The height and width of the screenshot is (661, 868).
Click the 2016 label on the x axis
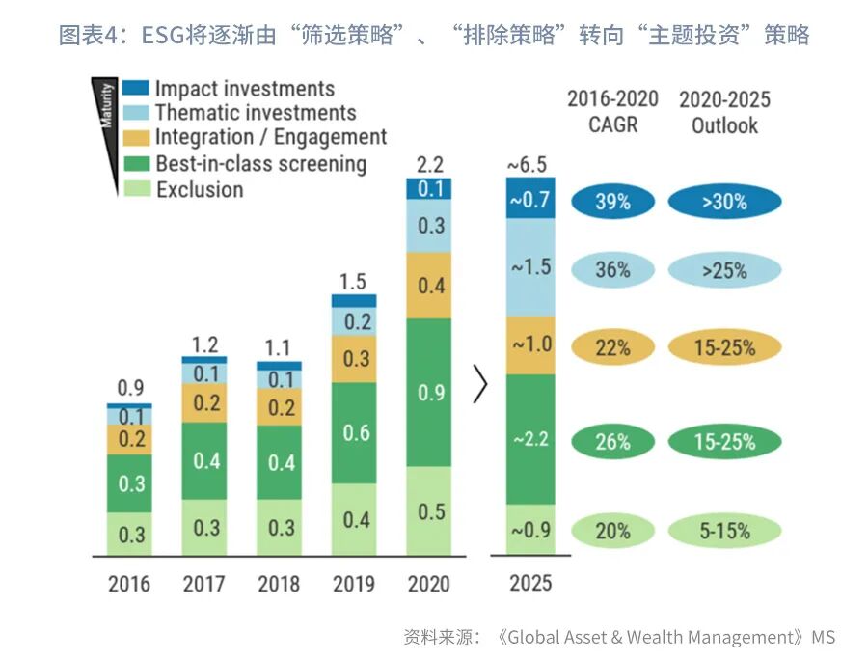click(128, 584)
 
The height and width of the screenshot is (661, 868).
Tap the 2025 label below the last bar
click(531, 584)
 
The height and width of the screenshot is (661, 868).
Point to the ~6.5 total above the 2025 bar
click(530, 165)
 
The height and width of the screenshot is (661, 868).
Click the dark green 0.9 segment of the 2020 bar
click(431, 393)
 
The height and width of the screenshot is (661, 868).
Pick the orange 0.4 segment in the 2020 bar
click(431, 286)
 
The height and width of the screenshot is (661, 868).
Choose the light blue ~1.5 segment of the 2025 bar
click(530, 267)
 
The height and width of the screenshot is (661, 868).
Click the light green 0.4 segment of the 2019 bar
click(355, 519)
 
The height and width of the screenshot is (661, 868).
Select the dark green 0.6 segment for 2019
click(355, 432)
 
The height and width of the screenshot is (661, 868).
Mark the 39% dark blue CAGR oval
click(612, 202)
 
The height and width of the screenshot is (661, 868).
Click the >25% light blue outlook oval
click(724, 271)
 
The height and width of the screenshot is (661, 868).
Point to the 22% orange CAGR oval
click(612, 347)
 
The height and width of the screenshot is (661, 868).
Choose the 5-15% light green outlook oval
click(724, 530)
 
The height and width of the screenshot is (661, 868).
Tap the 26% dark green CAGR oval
click(612, 442)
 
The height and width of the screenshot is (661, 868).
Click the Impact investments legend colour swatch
click(136, 89)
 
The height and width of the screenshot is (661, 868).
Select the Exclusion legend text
click(200, 189)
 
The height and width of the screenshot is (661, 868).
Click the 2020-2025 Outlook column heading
click(724, 112)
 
